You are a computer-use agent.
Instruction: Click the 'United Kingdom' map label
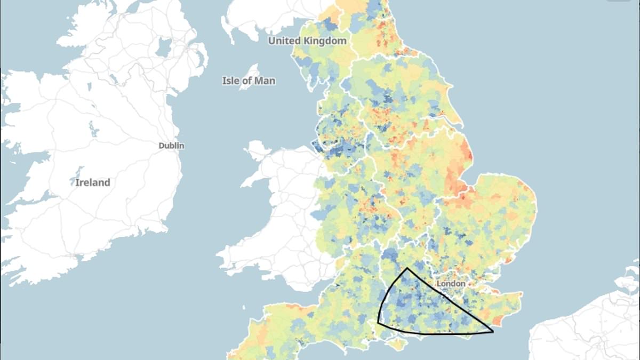pos(307,41)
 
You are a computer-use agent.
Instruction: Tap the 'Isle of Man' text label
pos(249,81)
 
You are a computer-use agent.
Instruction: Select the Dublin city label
pos(171,145)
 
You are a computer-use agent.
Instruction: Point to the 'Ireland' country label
pos(92,182)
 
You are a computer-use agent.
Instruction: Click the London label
pos(451,284)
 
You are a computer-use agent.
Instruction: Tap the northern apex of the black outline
pos(407,268)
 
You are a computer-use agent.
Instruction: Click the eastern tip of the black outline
pos(493,332)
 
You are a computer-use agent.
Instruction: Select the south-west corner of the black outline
pos(378,322)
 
